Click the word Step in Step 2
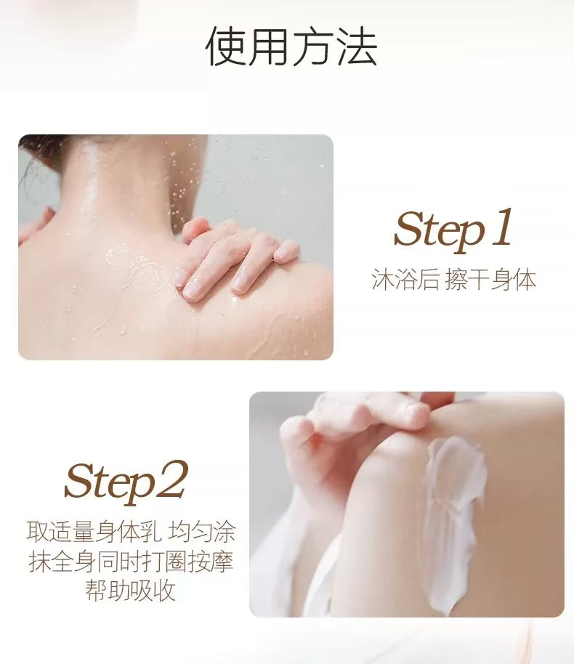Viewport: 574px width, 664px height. pos(109,482)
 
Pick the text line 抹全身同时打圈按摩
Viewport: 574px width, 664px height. pos(131,561)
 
